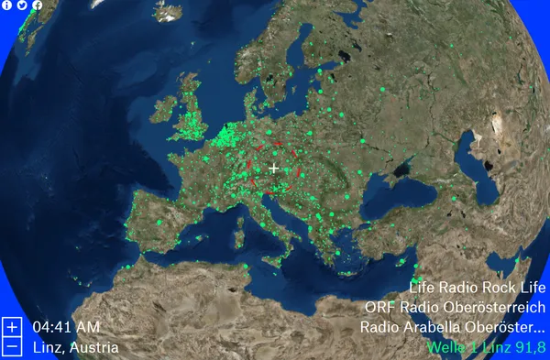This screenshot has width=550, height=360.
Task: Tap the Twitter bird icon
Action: pyautogui.click(x=22, y=5)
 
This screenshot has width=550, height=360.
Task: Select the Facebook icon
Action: pyautogui.click(x=37, y=5)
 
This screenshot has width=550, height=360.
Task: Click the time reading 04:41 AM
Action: pyautogui.click(x=66, y=327)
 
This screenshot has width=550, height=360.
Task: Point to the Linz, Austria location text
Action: pyautogui.click(x=75, y=347)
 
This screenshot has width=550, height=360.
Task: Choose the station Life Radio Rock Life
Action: pyautogui.click(x=478, y=288)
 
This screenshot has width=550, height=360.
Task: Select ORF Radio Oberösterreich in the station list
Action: pyautogui.click(x=455, y=307)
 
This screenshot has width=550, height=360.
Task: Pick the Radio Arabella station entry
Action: pyautogui.click(x=453, y=327)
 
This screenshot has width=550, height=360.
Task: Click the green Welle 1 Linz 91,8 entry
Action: pyautogui.click(x=486, y=347)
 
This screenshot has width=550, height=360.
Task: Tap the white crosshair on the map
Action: pyautogui.click(x=273, y=169)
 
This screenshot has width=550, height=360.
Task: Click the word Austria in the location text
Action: pyautogui.click(x=97, y=347)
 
